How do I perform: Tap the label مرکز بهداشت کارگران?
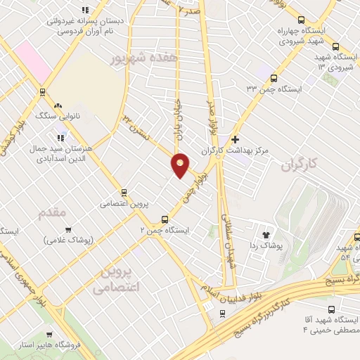click(x=270, y=150)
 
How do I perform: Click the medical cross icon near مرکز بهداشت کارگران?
click(x=235, y=140)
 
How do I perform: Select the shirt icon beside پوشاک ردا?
click(x=266, y=236)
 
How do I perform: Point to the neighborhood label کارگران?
click(x=299, y=166)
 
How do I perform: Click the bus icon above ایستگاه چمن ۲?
click(x=165, y=219)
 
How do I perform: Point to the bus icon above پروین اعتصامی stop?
click(x=124, y=192)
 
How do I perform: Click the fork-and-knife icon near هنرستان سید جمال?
click(x=62, y=137)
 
